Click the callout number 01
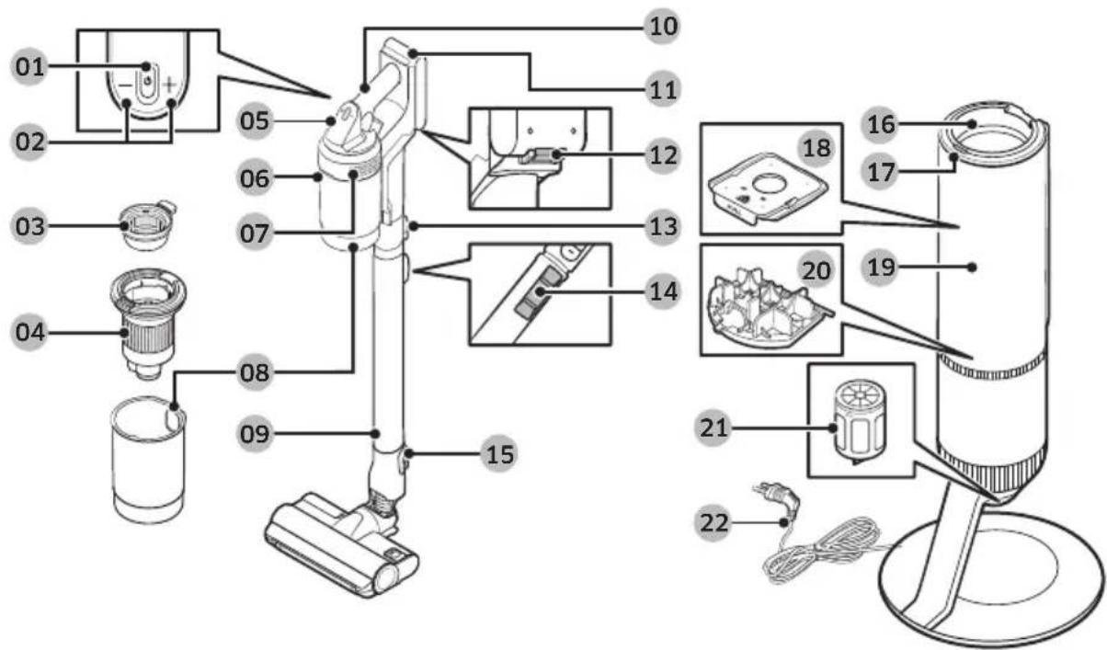coord(29,67)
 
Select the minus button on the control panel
coord(126,86)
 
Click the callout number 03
coord(29,226)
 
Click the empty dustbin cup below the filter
coord(148,459)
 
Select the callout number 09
coord(255,434)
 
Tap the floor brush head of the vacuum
coord(342,543)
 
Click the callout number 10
coord(663,27)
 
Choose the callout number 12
coord(663,155)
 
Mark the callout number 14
coord(663,291)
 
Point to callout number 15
coord(499,454)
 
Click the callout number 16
coord(881,124)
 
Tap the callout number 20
coord(816,271)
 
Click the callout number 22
coord(713,522)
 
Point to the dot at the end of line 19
coord(972,268)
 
